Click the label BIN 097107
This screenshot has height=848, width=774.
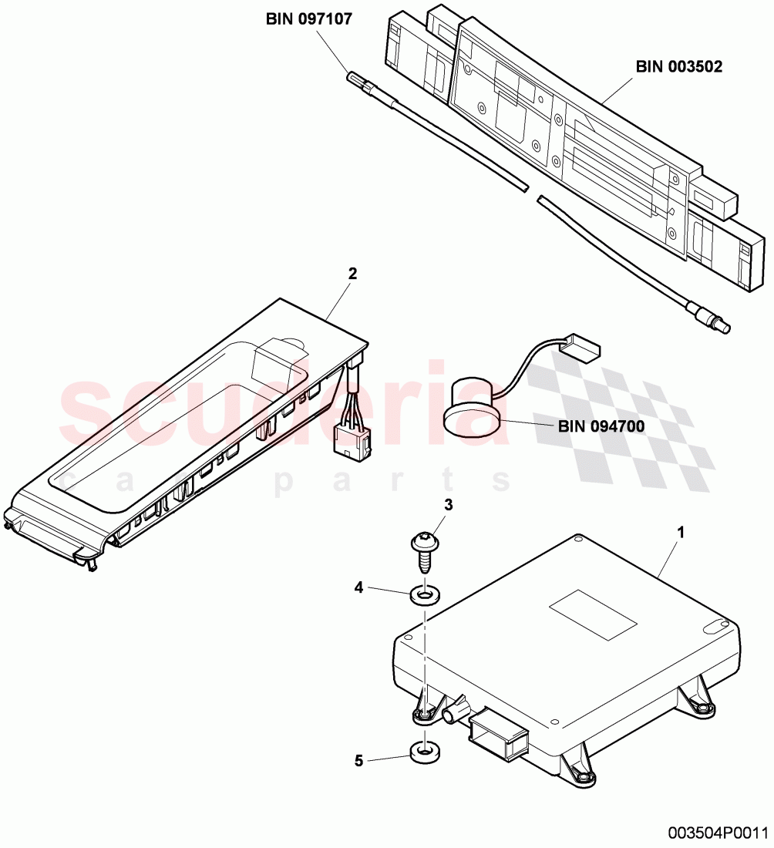click(308, 19)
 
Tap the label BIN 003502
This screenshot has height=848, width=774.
click(678, 67)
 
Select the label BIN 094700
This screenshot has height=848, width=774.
click(601, 425)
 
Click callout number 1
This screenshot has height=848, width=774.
click(679, 533)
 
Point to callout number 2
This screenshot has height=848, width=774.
click(352, 273)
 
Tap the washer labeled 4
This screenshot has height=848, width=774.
click(422, 595)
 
